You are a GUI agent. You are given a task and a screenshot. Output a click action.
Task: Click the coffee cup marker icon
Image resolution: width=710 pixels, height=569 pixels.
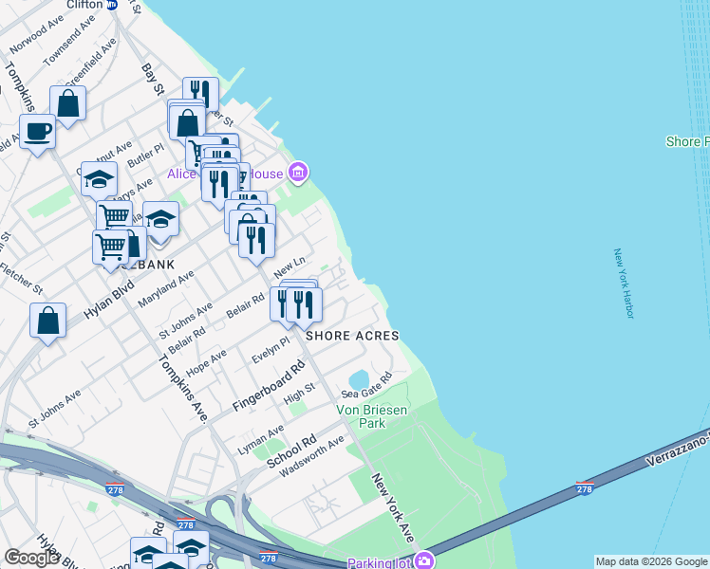click(x=37, y=131)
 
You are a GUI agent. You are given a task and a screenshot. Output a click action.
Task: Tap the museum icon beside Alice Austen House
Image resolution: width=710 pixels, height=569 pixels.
click(x=299, y=173)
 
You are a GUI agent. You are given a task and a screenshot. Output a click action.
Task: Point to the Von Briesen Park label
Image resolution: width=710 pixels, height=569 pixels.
click(x=374, y=416)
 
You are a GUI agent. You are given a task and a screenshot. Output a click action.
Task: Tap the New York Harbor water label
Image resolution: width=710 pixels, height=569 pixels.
click(x=623, y=283)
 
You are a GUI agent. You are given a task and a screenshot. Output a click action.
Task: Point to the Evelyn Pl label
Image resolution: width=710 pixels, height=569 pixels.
click(x=271, y=350)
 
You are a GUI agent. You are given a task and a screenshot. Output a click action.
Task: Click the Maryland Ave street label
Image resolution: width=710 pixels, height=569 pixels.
click(x=165, y=286)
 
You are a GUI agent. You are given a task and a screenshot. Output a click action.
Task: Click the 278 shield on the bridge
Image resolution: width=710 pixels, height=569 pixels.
click(x=586, y=488)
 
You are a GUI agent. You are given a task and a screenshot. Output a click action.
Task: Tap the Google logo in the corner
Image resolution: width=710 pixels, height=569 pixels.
click(x=31, y=557)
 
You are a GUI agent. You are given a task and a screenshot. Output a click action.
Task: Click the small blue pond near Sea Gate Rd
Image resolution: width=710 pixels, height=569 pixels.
click(x=359, y=380)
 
